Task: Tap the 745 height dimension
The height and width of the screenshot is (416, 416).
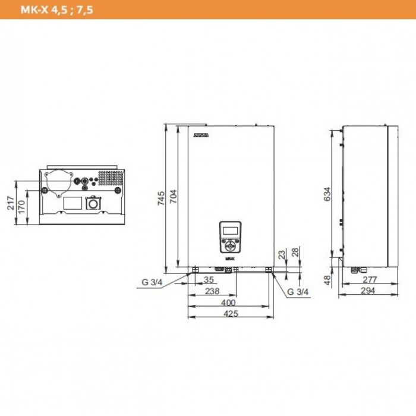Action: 162,198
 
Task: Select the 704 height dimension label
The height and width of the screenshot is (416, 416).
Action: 174,198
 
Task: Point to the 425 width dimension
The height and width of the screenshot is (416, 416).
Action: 231,314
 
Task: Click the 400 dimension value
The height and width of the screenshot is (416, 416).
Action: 231,302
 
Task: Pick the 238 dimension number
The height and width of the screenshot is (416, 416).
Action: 212,291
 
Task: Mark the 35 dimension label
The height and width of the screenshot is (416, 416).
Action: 209,279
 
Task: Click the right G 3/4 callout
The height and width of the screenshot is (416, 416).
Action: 298,292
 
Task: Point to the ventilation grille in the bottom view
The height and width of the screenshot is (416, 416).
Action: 110,177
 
